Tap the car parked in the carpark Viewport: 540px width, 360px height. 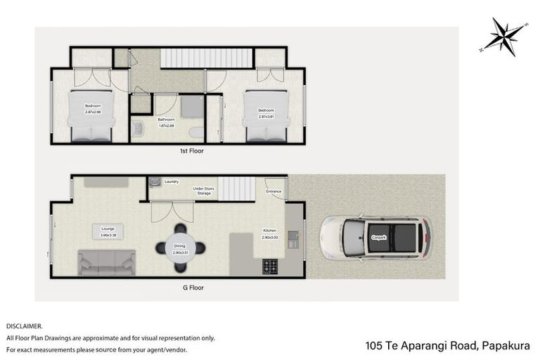click(x=375, y=238)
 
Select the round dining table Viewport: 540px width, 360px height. click(x=181, y=248)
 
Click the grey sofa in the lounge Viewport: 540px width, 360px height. click(x=107, y=262)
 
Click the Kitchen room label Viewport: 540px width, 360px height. click(x=270, y=231)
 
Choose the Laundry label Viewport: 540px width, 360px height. click(x=172, y=182)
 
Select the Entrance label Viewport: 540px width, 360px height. click(x=274, y=191)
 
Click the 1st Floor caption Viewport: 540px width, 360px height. click(x=191, y=150)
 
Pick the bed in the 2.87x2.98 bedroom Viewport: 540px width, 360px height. click(x=91, y=117)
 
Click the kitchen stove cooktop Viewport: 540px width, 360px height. click(x=271, y=266)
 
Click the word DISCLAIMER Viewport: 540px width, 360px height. click(x=25, y=326)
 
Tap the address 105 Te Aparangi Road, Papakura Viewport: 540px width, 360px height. click(x=447, y=345)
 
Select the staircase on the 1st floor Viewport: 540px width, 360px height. click(x=206, y=58)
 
